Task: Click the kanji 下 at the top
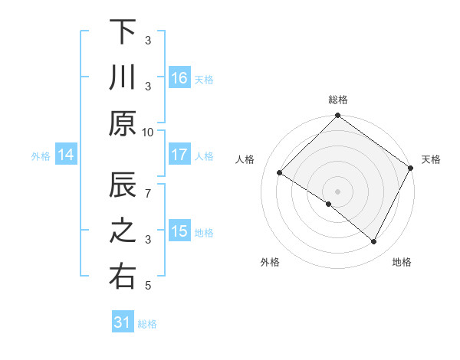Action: (x=123, y=32)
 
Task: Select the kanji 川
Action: (x=123, y=78)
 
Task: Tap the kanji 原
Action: (x=123, y=123)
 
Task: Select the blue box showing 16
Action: (x=179, y=78)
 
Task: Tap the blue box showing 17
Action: (x=179, y=155)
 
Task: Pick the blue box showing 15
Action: (x=179, y=232)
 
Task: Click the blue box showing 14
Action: (x=66, y=155)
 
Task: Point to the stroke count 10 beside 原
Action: (x=148, y=132)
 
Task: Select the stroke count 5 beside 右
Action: (x=148, y=286)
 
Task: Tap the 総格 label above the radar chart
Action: (x=338, y=100)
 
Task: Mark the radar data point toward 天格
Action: (x=412, y=169)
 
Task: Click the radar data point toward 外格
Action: (x=329, y=204)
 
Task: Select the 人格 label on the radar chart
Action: (x=245, y=159)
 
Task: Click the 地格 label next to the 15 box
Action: (x=205, y=233)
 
